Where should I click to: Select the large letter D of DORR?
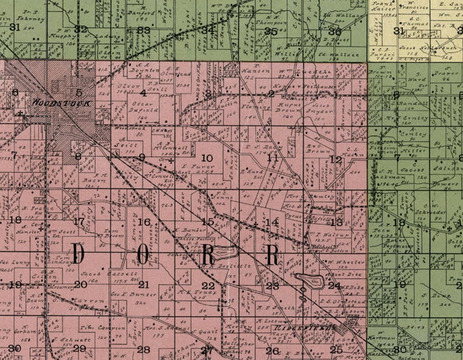tap(80, 255)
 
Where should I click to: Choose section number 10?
tap(206, 158)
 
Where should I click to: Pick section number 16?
tap(143, 222)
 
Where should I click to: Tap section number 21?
tap(143, 285)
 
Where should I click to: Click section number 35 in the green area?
tap(271, 31)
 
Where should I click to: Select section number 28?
tap(143, 349)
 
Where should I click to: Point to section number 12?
tap(335, 159)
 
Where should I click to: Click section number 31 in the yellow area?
tap(399, 31)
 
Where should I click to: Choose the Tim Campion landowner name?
tap(95, 327)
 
